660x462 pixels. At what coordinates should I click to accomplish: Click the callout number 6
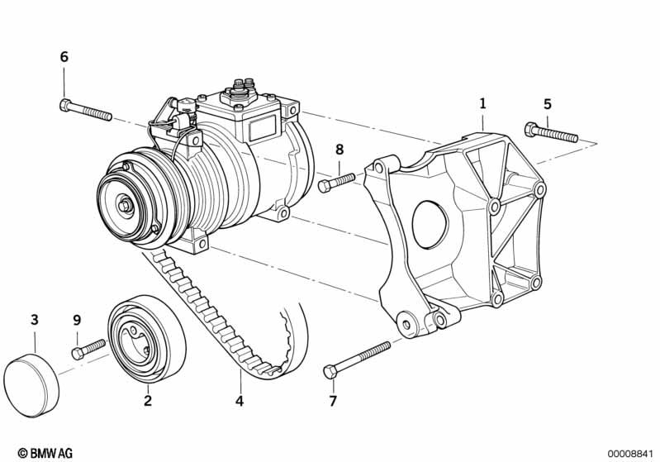64,56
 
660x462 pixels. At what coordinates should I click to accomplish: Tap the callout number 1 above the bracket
482,103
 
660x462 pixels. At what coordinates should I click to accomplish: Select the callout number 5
547,103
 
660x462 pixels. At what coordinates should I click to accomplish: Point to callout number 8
339,149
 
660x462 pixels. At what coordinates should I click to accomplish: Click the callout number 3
35,320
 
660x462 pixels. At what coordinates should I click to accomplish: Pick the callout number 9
77,321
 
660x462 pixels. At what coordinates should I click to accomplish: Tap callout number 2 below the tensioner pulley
147,400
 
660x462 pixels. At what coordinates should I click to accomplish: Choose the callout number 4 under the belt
240,401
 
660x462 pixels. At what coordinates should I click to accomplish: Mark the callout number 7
333,401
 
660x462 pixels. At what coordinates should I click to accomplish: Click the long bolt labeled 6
86,109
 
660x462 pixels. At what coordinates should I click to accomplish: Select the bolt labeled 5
552,132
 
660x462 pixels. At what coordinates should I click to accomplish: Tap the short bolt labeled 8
337,183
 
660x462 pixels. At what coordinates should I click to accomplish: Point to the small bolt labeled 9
88,349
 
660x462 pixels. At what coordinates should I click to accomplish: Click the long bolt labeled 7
357,360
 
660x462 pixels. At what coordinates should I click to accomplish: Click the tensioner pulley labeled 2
147,339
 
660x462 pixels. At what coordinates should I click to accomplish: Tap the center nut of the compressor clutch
125,206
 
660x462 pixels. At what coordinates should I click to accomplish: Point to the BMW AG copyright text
45,453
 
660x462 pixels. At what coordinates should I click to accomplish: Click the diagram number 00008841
630,454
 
